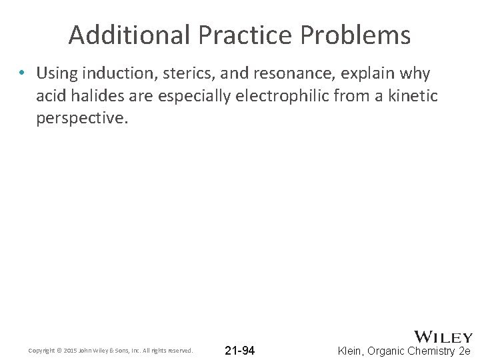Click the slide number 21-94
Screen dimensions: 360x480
coord(239,350)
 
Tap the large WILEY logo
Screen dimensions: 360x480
coord(443,337)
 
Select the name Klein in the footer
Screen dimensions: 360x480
coord(352,350)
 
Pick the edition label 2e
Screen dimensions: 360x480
coord(464,350)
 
